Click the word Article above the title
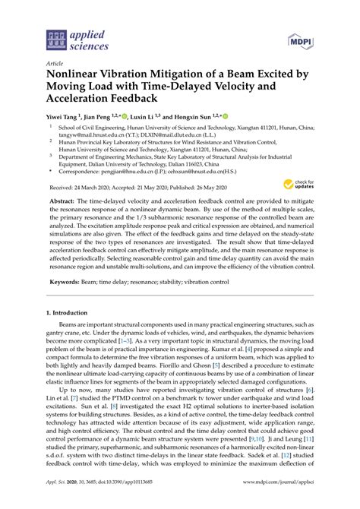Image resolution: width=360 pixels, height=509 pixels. coord(55,65)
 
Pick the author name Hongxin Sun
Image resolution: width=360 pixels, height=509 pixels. coord(195,119)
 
